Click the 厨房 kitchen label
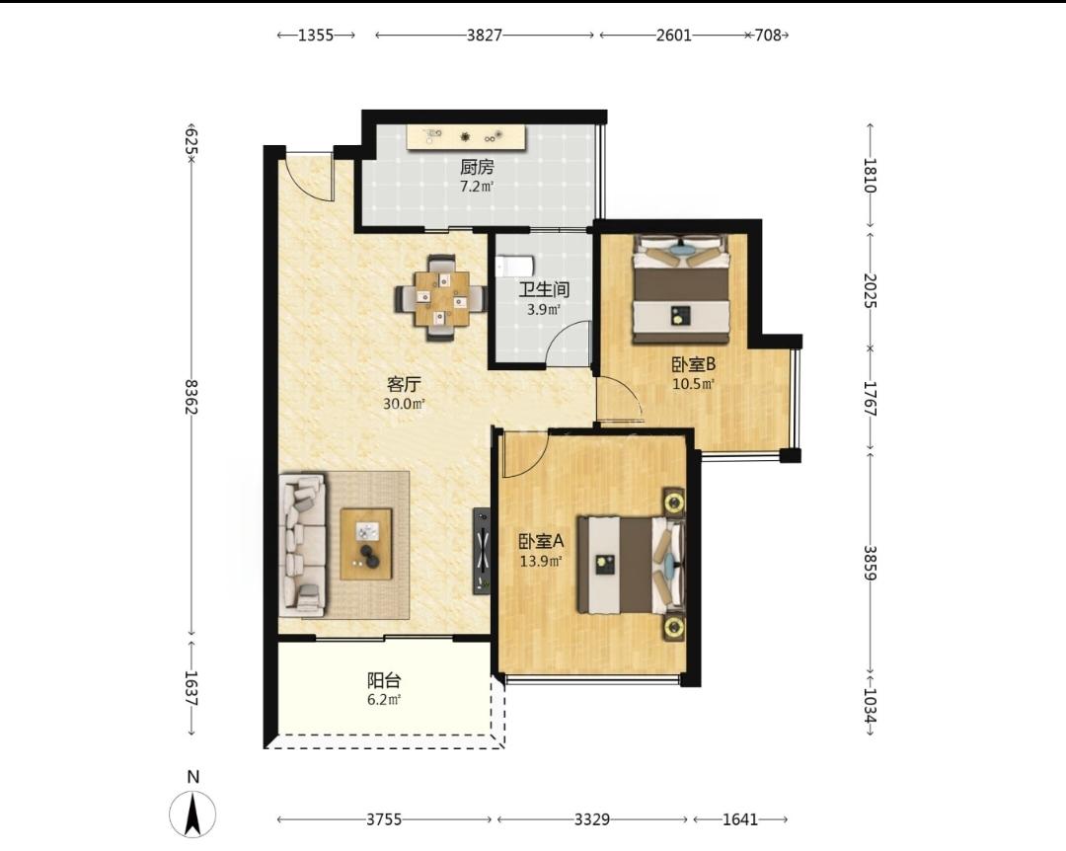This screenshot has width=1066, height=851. tap(477, 167)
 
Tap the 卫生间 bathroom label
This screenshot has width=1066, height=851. tap(544, 290)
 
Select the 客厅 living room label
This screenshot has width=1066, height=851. tap(404, 384)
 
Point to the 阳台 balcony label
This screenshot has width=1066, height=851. tap(384, 679)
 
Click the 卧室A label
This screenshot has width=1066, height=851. tap(542, 541)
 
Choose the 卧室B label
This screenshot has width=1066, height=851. tap(694, 364)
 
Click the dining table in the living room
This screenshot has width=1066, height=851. tap(442, 298)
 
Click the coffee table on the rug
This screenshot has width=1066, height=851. tap(366, 544)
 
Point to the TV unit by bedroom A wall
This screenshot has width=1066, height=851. tap(482, 551)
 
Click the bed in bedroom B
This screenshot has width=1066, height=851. tap(682, 289)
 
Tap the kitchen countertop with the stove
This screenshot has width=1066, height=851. tap(466, 136)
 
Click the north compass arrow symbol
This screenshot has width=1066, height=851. tap(193, 813)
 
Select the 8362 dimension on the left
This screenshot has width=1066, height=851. tap(192, 397)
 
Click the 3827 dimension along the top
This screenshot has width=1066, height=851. tap(484, 35)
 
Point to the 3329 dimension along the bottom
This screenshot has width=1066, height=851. tap(592, 819)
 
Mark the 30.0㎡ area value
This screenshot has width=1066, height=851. tap(404, 404)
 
